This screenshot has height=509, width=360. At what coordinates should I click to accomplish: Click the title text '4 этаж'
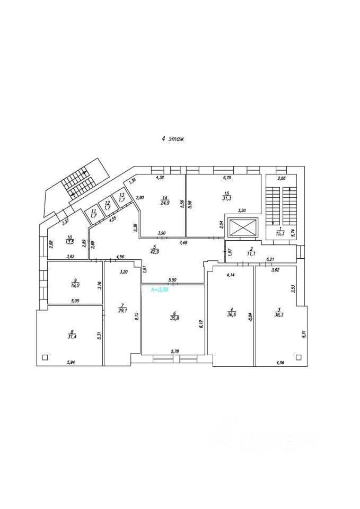tap(173, 139)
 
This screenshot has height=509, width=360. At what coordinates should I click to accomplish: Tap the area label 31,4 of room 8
tap(72, 336)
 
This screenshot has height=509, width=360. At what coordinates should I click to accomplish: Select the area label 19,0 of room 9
tap(75, 285)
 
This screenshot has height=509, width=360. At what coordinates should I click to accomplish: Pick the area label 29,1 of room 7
tap(122, 311)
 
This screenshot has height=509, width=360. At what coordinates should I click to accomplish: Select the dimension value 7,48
tap(182, 243)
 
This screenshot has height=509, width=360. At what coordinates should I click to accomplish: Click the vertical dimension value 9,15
tap(137, 317)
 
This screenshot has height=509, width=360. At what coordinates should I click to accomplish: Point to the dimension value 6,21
tap(270, 259)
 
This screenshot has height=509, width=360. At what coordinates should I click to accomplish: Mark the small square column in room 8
tap(45, 356)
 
